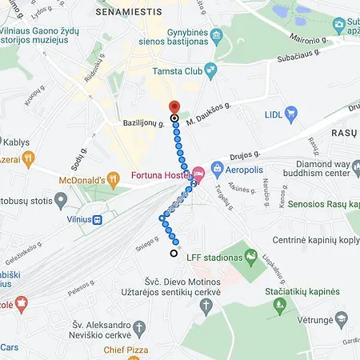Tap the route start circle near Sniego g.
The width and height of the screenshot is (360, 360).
click(x=174, y=254)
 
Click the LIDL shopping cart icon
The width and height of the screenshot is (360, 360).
click(x=291, y=114)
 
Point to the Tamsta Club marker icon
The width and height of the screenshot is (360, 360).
click(x=211, y=70)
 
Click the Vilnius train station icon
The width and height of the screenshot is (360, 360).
click(x=97, y=219)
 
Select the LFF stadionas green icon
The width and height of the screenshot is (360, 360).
click(x=251, y=256)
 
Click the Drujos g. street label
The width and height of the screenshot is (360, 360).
click(x=246, y=154)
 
